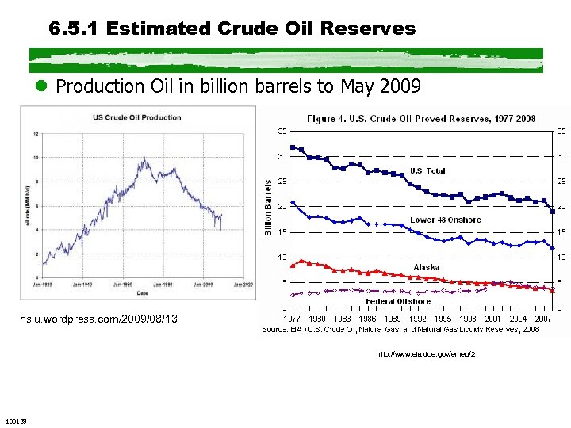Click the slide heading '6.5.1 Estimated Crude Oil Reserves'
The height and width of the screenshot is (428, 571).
tap(232, 29)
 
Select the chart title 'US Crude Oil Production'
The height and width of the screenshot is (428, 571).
tap(136, 117)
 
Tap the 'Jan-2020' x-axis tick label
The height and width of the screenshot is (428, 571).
tap(243, 283)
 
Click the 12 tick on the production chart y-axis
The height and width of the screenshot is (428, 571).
tap(36, 133)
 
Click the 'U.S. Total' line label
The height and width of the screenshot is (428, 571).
tap(427, 170)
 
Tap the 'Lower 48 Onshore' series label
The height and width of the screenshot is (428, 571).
tap(445, 220)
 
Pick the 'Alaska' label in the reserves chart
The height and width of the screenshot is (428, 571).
tap(427, 267)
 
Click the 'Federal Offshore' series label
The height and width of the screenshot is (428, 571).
tap(398, 301)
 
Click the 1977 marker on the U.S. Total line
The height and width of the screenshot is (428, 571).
tap(293, 147)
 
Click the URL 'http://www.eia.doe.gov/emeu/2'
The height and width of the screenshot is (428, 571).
tap(425, 354)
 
